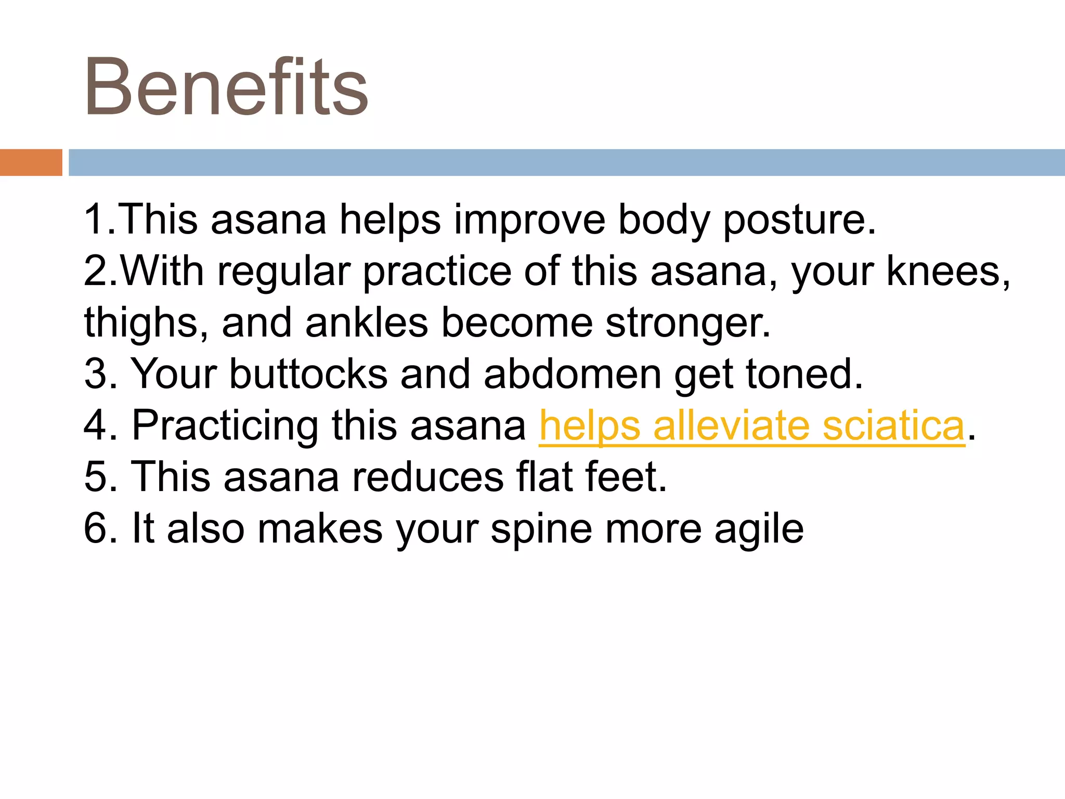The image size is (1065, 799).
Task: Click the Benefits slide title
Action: pyautogui.click(x=226, y=87)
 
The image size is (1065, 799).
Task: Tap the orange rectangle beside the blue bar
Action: pyautogui.click(x=31, y=162)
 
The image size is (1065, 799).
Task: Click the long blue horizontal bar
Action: pyautogui.click(x=566, y=162)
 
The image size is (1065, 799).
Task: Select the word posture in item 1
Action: pyautogui.click(x=799, y=220)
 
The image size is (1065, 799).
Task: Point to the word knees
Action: pyautogui.click(x=947, y=272)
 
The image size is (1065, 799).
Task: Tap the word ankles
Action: pyautogui.click(x=367, y=323)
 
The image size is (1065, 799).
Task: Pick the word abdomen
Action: pyautogui.click(x=572, y=374)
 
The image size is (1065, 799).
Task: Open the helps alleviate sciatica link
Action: pyautogui.click(x=752, y=426)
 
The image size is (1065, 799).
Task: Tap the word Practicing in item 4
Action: pyautogui.click(x=225, y=426)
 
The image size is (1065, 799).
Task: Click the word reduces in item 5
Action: pyautogui.click(x=427, y=477)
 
